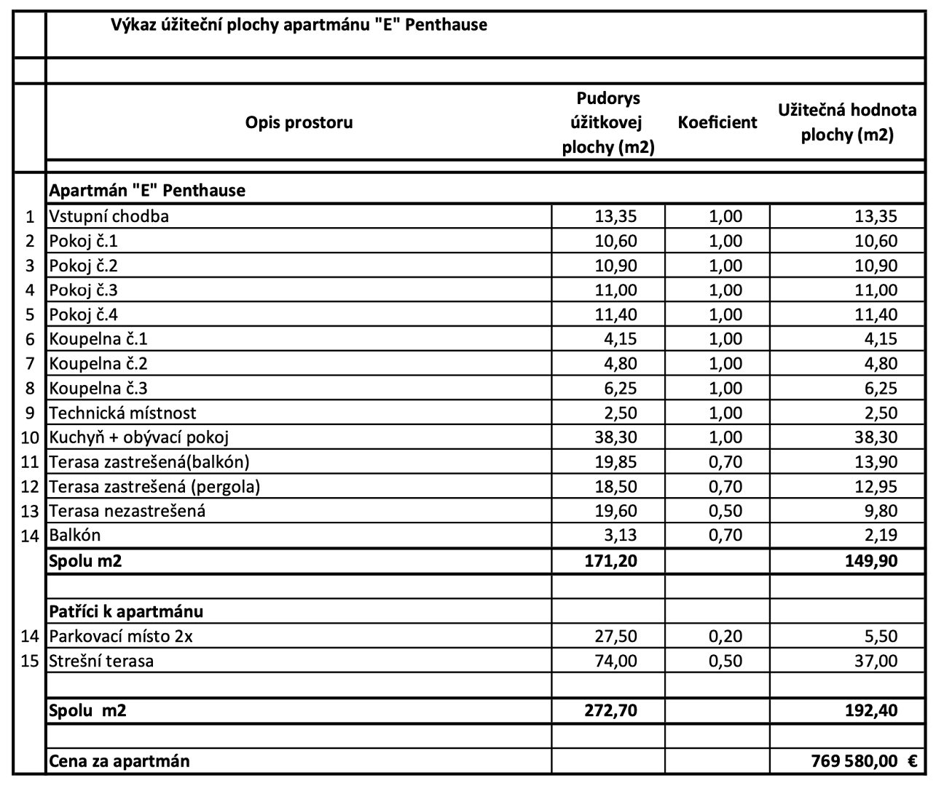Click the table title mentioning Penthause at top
(x=299, y=25)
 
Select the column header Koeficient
(x=717, y=122)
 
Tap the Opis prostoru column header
(x=299, y=122)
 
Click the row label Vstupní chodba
(x=109, y=216)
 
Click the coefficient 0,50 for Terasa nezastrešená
(x=725, y=511)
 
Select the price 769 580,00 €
(x=864, y=761)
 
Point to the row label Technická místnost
(x=122, y=413)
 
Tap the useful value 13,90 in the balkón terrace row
(x=876, y=462)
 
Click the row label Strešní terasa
(x=101, y=662)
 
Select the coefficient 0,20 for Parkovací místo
(x=725, y=636)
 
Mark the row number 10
(x=29, y=437)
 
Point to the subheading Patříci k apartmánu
(x=126, y=611)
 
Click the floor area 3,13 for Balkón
(x=620, y=536)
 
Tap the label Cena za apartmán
(x=119, y=761)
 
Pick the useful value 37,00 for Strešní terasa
(x=876, y=662)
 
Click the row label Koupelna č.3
(x=98, y=389)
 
